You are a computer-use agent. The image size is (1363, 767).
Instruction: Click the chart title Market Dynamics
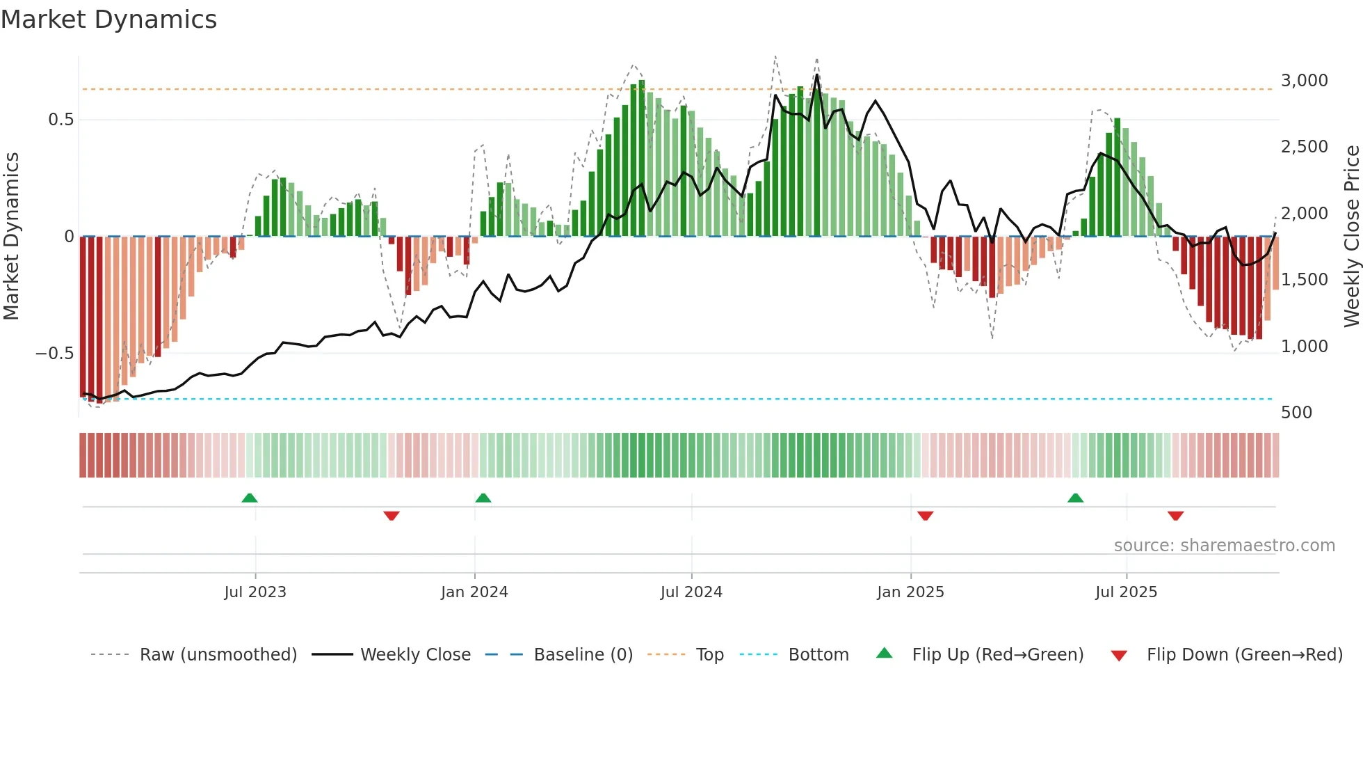[x=108, y=19]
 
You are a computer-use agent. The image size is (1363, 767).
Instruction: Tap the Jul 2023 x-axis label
[x=255, y=592]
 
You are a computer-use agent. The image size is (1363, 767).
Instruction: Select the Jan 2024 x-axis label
[x=474, y=592]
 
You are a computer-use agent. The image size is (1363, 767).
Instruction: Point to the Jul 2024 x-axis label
[x=691, y=592]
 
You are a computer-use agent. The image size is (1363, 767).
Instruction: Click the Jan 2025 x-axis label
[x=910, y=592]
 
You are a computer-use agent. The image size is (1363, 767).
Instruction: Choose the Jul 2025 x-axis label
[x=1126, y=592]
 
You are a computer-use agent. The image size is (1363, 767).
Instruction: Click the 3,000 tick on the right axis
[x=1304, y=81]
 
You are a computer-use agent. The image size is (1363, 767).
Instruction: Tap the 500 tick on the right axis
[x=1296, y=413]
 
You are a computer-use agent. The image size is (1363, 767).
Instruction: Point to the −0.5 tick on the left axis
[x=54, y=354]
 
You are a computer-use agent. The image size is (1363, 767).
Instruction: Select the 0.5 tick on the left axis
[x=61, y=120]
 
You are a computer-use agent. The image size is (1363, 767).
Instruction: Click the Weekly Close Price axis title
[x=1351, y=237]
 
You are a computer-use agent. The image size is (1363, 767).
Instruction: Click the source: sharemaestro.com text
[x=1224, y=546]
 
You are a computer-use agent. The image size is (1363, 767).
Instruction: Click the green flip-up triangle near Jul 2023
[x=250, y=498]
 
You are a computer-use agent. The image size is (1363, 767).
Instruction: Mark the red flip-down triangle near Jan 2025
[x=925, y=516]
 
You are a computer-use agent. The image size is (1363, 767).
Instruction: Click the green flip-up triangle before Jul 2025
[x=1075, y=498]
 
